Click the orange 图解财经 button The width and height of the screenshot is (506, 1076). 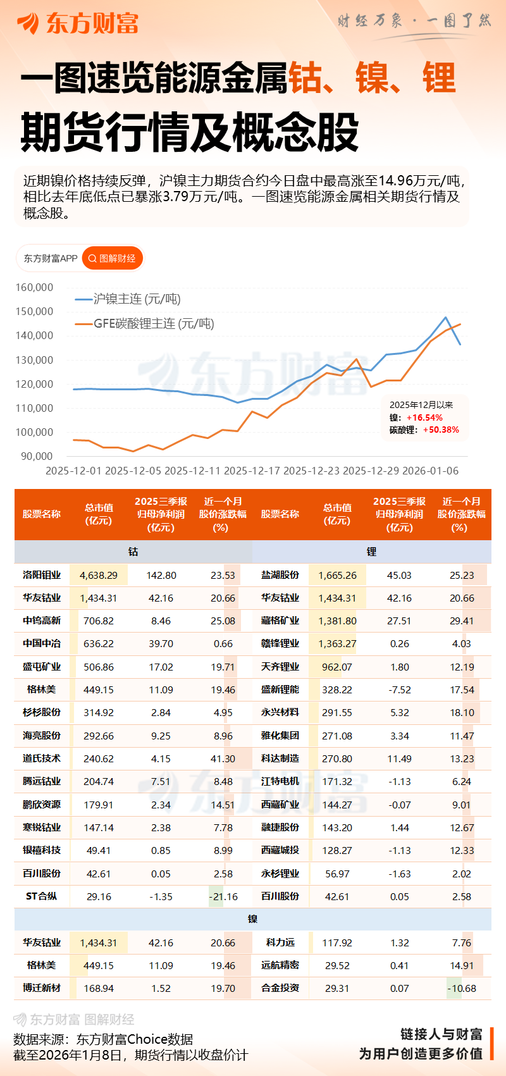113,258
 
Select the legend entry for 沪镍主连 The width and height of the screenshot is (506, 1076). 136,299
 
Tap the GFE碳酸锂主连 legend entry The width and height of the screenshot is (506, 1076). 153,324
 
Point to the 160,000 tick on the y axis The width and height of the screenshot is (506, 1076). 34,287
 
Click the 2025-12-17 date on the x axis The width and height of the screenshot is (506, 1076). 252,471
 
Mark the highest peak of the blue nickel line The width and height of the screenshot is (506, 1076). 446,318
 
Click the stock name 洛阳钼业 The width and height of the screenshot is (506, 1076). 42,575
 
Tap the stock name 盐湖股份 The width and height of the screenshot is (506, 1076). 280,575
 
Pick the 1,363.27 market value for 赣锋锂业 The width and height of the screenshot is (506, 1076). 337,644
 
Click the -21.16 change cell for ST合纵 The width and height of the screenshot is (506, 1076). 223,896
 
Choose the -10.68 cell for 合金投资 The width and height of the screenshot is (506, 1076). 462,988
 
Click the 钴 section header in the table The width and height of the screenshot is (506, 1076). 133,552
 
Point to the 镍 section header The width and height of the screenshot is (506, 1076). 252,919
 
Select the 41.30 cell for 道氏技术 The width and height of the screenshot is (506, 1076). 223,758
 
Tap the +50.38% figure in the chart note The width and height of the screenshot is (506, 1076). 441,430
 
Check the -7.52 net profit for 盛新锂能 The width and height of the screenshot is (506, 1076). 399,690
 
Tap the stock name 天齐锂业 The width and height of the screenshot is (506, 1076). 280,667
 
